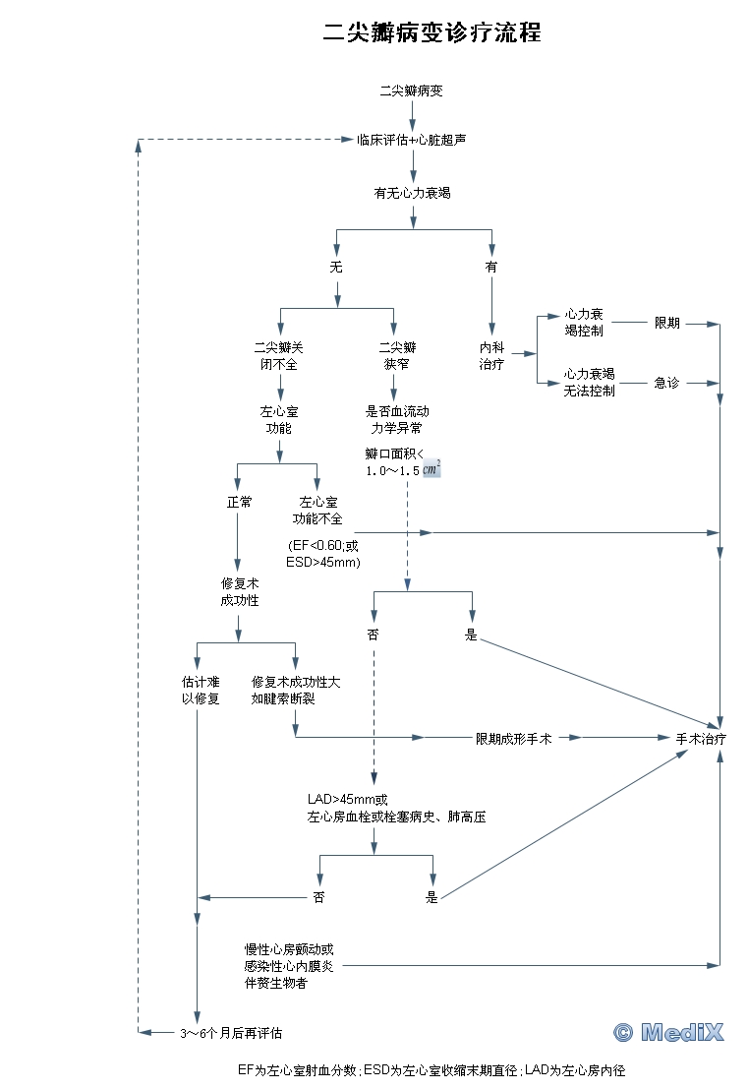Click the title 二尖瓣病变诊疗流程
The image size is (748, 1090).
point(432,32)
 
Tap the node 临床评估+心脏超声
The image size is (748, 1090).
point(411,140)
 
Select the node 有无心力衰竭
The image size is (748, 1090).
point(412,194)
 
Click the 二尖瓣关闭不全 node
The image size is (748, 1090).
point(279,355)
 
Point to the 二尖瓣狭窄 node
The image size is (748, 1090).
point(397,355)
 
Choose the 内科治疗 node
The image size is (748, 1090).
point(491,355)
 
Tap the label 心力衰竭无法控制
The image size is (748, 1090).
point(590,382)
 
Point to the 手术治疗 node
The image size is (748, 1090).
point(701,738)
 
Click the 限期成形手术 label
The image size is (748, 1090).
point(513,738)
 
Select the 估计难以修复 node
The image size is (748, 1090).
point(201,690)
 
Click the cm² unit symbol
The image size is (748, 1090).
point(432,468)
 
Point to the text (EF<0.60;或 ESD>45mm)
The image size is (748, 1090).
point(323,554)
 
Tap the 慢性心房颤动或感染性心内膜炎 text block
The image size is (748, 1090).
point(289,966)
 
